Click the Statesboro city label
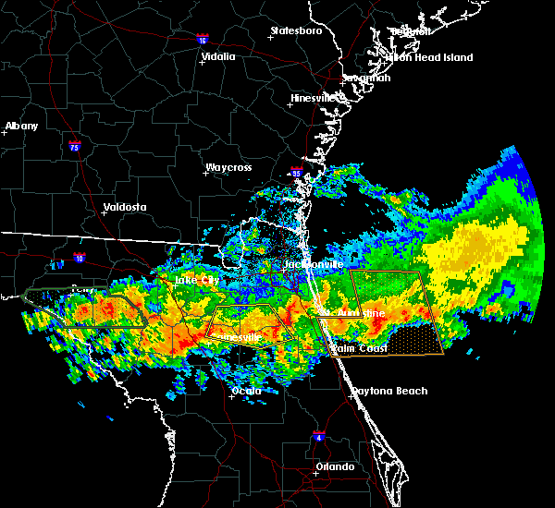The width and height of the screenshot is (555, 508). tap(295, 30)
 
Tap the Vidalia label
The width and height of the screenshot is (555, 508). tap(217, 56)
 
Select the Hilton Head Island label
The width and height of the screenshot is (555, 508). tap(429, 57)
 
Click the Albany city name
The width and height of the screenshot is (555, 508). tap(22, 126)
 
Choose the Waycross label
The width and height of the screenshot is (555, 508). tap(228, 168)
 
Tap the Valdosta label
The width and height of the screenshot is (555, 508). tap(125, 207)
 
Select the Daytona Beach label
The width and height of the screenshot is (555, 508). tap(388, 391)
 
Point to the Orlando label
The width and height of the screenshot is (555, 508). tap(334, 466)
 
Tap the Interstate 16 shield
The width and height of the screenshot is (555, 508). tap(203, 39)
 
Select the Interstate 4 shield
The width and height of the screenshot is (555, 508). tap(318, 435)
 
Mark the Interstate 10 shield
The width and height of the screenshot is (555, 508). tap(80, 259)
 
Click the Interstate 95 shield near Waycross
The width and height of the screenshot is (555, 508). tap(296, 173)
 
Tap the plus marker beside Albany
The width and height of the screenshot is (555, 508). tap(5, 133)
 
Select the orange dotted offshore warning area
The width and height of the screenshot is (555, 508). tap(412, 341)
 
